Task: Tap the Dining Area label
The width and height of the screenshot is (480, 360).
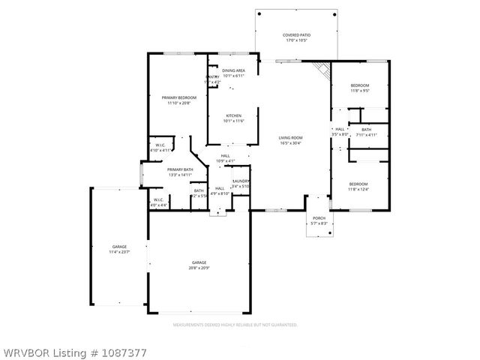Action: click(x=233, y=70)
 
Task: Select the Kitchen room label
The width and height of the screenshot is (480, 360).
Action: click(x=233, y=115)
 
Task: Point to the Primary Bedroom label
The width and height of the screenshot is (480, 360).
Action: click(x=178, y=97)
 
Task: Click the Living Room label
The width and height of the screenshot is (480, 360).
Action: click(x=290, y=138)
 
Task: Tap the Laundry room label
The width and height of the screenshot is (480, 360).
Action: click(x=241, y=181)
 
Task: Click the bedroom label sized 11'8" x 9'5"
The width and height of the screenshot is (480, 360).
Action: click(x=360, y=85)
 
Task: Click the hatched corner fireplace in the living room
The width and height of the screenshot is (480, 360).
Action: click(x=322, y=70)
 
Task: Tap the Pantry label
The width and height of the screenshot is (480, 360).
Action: click(x=213, y=77)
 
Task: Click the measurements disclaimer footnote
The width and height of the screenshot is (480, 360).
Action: click(x=235, y=325)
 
